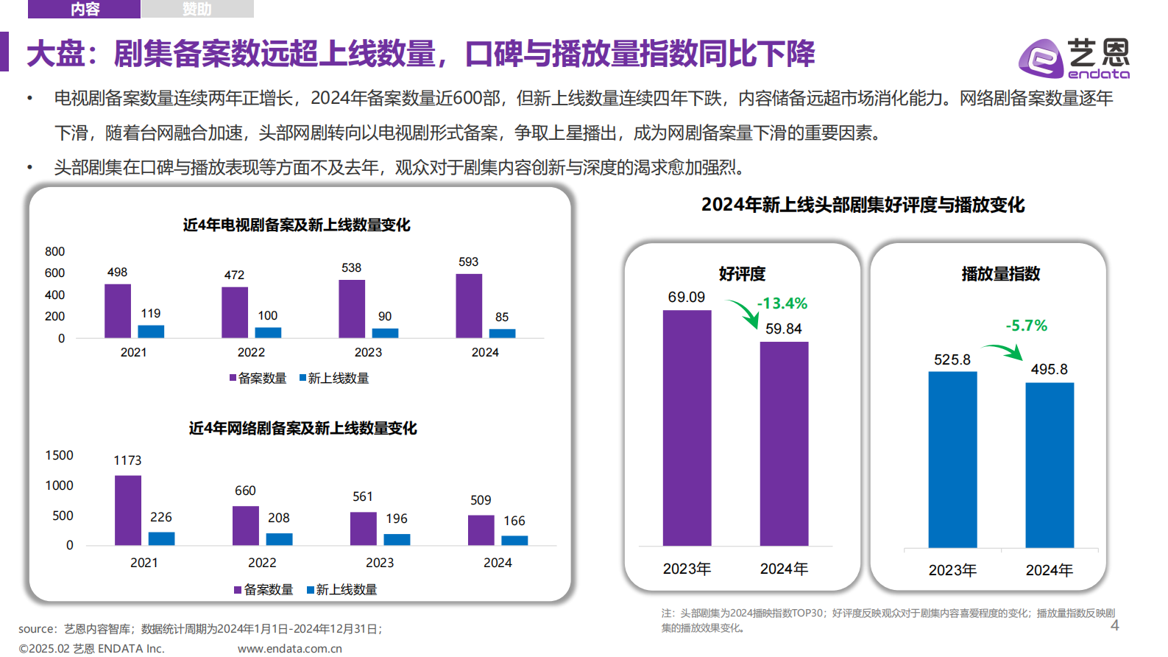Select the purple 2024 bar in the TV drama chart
469,306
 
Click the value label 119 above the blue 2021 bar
151,314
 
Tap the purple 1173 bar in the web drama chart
128,510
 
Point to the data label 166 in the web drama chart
514,521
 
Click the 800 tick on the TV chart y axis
55,252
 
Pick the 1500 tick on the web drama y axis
60,456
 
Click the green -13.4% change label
782,303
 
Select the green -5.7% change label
1026,326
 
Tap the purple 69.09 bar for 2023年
687,427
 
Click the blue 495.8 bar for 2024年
1049,464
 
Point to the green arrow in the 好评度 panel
744,313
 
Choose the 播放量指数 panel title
1000,274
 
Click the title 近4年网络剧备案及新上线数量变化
302,428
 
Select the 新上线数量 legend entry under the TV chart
334,379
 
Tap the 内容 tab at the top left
85,9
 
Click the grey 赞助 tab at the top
197,9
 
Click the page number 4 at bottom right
1114,625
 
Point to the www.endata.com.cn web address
290,649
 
